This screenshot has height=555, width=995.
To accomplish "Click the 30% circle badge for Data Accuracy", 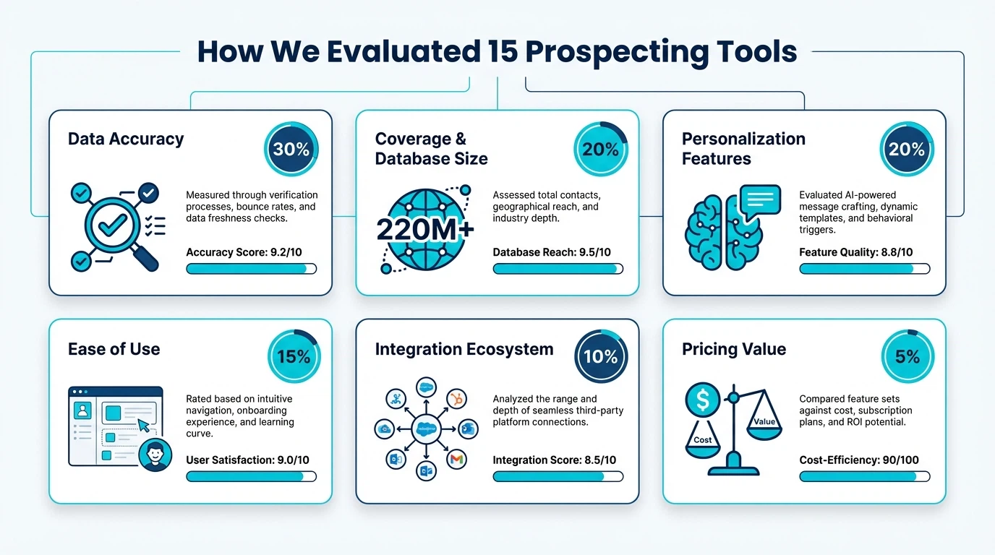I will [291, 150].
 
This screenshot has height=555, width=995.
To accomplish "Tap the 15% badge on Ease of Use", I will [294, 356].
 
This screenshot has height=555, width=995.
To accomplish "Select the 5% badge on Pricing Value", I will [908, 356].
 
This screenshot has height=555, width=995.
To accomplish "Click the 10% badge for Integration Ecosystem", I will [601, 356].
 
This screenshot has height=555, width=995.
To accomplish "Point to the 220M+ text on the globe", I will [425, 229].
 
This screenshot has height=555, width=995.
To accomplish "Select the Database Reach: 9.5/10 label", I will [552, 252].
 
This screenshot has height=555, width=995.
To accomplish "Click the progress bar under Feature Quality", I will [864, 269].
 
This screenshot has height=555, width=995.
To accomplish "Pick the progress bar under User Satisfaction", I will [251, 476].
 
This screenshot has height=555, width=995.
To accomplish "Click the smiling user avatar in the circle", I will [155, 454].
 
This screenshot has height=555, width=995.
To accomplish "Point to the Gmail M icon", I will [457, 458].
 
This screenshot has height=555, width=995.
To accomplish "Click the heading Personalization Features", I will [743, 148].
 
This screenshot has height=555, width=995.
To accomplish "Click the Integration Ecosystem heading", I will [464, 349].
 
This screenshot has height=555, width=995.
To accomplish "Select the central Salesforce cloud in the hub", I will [425, 428].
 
